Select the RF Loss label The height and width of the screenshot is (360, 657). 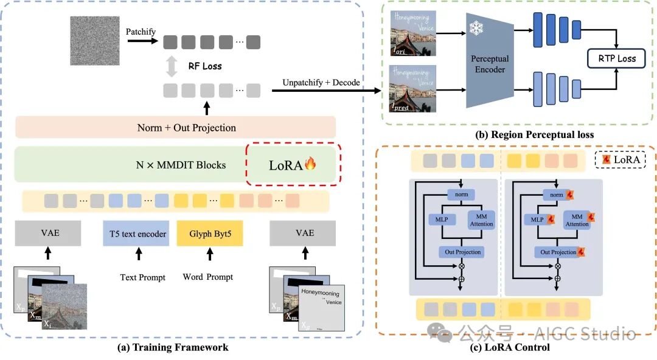coord(204,66)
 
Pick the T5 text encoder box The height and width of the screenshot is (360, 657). coord(138,234)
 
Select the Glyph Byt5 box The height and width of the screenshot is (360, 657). coord(209,234)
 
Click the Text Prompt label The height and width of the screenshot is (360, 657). coord(142,277)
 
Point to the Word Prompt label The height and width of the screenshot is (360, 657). coord(207,277)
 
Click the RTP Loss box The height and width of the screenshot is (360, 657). coord(616,59)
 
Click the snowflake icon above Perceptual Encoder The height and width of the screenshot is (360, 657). coord(475,29)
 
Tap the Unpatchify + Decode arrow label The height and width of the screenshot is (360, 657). coord(321,82)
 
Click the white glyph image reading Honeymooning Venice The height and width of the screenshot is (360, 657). coord(321,307)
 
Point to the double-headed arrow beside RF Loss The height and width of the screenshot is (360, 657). coord(172,66)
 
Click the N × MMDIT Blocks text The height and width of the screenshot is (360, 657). coord(181,164)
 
